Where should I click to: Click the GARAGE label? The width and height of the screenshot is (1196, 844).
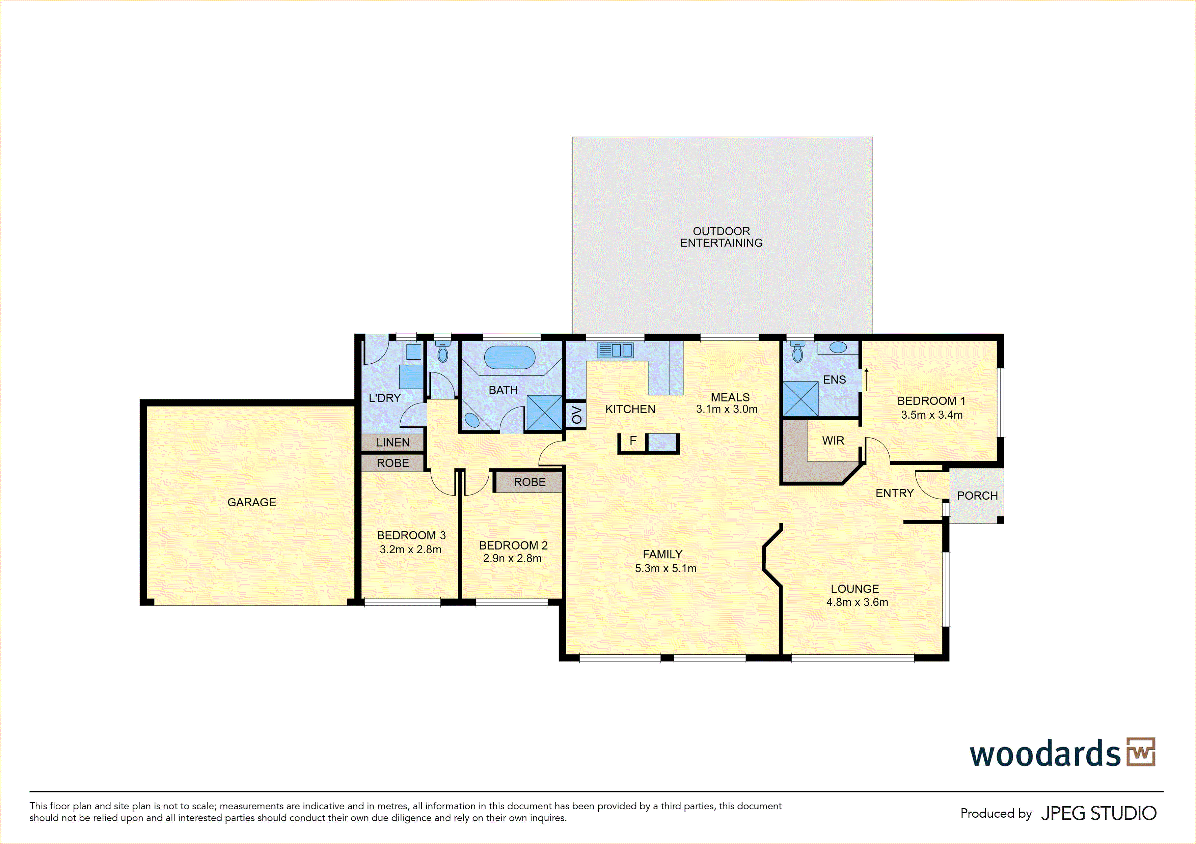[252, 502]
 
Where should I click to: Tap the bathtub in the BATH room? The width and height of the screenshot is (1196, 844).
[510, 358]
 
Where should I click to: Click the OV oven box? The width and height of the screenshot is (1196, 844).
[576, 415]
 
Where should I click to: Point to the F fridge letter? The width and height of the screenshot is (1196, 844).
[633, 441]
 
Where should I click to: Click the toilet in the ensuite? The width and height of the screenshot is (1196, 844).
[797, 351]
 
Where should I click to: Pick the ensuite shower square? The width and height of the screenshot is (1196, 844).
[800, 399]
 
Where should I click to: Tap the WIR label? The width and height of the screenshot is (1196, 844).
[833, 441]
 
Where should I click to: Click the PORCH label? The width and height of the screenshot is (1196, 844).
[977, 496]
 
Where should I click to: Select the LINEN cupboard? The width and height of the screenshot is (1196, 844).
[393, 442]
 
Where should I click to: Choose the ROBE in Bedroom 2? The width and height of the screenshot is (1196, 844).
[529, 482]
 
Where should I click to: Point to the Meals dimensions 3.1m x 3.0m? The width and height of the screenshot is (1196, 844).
[727, 409]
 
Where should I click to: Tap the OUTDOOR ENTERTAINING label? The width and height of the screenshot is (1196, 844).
[722, 237]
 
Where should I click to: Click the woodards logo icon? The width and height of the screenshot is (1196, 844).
[1141, 752]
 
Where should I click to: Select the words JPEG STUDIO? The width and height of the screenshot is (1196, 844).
[1098, 813]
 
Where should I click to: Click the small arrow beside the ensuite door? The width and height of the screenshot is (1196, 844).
[866, 379]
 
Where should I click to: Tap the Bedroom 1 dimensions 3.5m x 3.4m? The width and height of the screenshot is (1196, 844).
[932, 415]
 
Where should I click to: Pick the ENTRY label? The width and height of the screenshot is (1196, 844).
[894, 493]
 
